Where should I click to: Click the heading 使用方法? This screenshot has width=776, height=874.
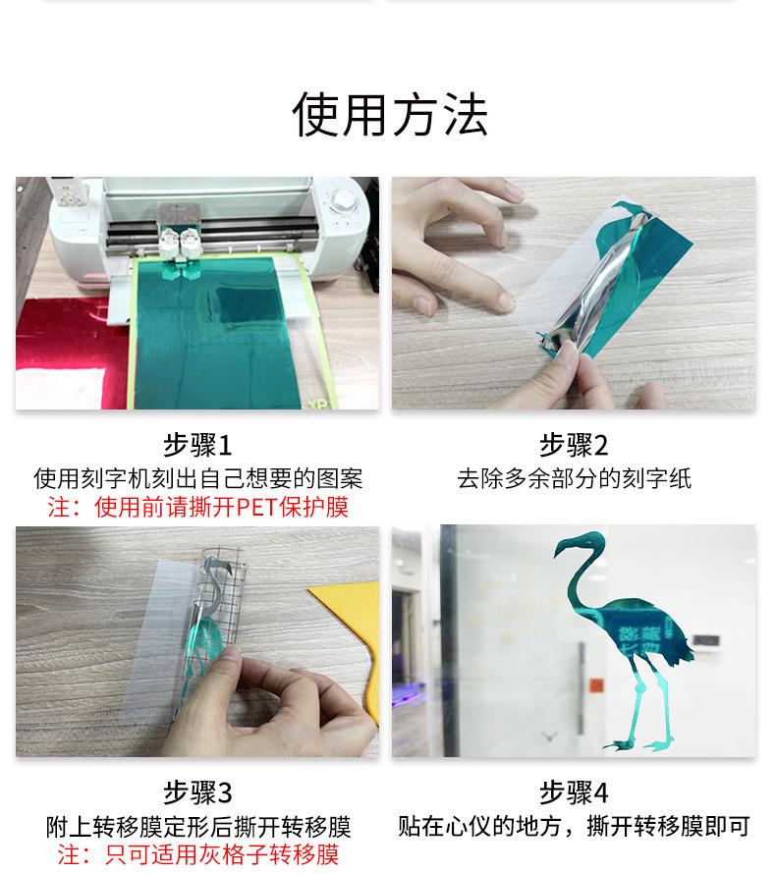(x=389, y=115)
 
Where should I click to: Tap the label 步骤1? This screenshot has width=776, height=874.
(x=197, y=446)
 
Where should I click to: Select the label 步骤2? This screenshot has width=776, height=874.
(x=574, y=446)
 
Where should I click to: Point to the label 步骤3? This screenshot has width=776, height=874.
(x=197, y=792)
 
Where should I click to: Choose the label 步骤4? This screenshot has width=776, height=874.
(x=574, y=792)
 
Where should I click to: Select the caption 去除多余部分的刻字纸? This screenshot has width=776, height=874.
(x=574, y=479)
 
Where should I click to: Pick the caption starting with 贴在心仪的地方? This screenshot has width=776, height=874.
(x=574, y=826)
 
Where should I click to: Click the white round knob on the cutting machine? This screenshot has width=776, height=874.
(x=344, y=200)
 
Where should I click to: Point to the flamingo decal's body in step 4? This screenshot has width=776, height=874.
(x=629, y=633)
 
